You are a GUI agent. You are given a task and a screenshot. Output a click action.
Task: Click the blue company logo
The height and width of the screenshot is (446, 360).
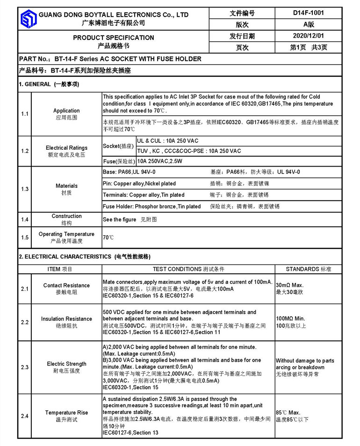(29, 19)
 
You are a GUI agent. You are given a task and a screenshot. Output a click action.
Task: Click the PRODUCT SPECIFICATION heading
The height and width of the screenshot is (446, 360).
(113, 37)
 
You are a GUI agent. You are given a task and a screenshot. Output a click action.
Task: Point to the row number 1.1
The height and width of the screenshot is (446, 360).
(25, 114)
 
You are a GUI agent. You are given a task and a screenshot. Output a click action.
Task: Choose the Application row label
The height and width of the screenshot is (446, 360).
(66, 111)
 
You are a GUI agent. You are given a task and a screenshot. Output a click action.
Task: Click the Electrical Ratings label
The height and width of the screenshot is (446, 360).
(66, 148)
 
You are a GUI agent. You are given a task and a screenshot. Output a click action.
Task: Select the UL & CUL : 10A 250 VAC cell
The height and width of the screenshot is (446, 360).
(168, 141)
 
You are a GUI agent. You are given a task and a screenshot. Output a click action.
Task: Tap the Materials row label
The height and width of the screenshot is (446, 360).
(66, 186)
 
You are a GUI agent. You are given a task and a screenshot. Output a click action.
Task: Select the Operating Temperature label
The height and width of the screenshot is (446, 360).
(66, 234)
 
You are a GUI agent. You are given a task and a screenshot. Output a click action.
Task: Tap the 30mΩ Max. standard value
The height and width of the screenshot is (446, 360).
(290, 285)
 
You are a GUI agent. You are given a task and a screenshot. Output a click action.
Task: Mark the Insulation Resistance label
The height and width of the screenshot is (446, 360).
(66, 319)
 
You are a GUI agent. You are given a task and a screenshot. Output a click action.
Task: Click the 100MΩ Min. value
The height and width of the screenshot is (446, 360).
(290, 318)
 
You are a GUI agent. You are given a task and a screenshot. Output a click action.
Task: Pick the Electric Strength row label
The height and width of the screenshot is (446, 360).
(66, 364)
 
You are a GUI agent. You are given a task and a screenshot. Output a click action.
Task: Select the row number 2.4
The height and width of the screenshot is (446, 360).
(25, 416)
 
